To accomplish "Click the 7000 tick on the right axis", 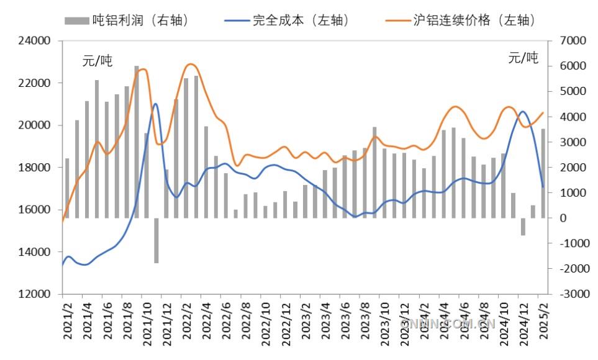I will point(573,41).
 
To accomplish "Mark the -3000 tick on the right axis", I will point(573,294).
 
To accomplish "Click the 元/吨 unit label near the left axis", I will point(97,61).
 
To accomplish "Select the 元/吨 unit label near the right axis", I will point(523,58).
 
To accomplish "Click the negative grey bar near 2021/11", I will point(156,240).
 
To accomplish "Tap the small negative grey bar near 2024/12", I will point(523,227).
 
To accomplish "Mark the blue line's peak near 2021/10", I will point(155,104).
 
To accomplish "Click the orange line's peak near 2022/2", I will point(191,64).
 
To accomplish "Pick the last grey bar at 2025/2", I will point(543,174).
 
